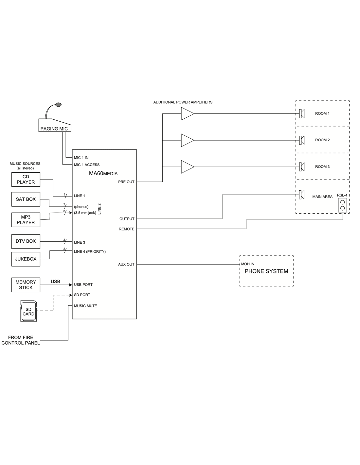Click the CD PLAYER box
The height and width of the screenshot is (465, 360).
(x=26, y=180)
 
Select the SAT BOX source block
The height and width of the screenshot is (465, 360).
(x=26, y=199)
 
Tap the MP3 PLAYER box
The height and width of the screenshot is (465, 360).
(x=26, y=220)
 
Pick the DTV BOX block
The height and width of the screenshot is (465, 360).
(x=26, y=241)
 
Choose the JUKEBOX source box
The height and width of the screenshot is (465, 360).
(x=26, y=259)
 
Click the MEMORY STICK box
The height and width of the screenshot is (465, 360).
(x=26, y=285)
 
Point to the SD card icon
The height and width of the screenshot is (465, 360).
(x=28, y=311)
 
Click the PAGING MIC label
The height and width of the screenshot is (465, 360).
(x=54, y=129)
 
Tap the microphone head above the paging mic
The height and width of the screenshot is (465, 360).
(x=59, y=105)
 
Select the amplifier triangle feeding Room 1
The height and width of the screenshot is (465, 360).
(x=187, y=114)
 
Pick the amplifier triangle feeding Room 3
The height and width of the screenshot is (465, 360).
(x=187, y=167)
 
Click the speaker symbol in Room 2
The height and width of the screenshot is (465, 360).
(x=302, y=140)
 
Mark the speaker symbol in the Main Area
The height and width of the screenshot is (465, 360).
(x=302, y=195)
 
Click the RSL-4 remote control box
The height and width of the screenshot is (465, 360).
(x=342, y=205)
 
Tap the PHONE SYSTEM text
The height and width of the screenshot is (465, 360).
(x=266, y=271)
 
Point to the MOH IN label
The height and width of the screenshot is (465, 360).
(x=248, y=264)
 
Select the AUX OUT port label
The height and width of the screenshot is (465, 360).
(x=126, y=264)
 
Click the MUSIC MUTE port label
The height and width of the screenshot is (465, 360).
(x=85, y=306)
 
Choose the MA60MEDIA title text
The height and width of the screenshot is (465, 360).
(x=103, y=174)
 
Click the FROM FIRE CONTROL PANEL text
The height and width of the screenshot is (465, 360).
(x=21, y=340)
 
